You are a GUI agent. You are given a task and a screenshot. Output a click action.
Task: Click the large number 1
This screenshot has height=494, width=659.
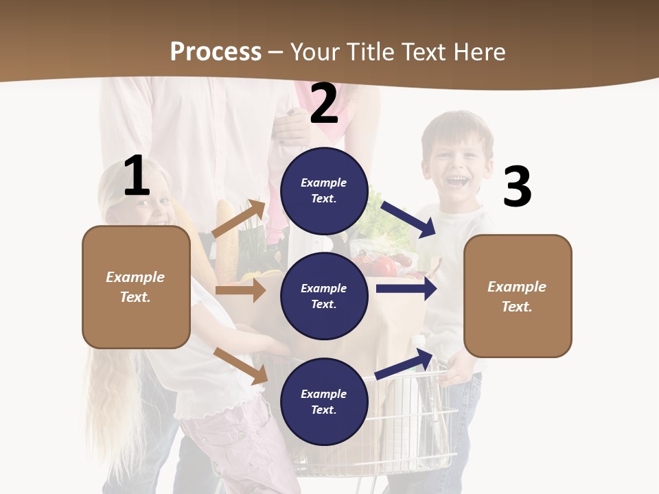tap(137, 176)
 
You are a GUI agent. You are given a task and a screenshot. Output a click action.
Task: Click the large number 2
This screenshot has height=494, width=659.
tap(324, 104)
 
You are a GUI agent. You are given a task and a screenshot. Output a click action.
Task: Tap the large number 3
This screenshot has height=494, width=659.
tap(517, 187)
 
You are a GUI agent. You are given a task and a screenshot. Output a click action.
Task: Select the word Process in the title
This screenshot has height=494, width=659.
tap(216, 51)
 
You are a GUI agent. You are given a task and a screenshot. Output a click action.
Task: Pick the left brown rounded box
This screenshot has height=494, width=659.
tap(136, 287)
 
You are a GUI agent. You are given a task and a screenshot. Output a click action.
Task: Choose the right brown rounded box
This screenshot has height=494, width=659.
tap(518, 296)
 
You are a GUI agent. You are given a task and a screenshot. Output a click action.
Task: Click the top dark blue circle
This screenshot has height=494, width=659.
tap(324, 191)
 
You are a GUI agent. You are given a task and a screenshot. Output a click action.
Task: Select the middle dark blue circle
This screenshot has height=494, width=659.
tap(324, 296)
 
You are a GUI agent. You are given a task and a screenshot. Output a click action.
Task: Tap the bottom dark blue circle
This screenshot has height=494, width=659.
tap(324, 401)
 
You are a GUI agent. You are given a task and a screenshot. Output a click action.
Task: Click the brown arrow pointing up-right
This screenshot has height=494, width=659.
tap(238, 218)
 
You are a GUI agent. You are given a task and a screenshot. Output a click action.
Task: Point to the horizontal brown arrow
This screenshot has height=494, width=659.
tap(240, 290)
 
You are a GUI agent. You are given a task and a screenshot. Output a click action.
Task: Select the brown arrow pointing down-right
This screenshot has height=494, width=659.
tap(241, 366)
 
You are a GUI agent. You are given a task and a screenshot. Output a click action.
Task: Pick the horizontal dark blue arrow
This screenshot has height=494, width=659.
tap(406, 289)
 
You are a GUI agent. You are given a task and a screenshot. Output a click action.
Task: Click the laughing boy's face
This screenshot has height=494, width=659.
tap(456, 165)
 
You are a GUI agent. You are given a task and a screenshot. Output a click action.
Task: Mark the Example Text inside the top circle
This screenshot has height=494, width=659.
tap(324, 191)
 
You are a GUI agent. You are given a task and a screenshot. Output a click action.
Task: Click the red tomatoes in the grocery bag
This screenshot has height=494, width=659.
tap(386, 264)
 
